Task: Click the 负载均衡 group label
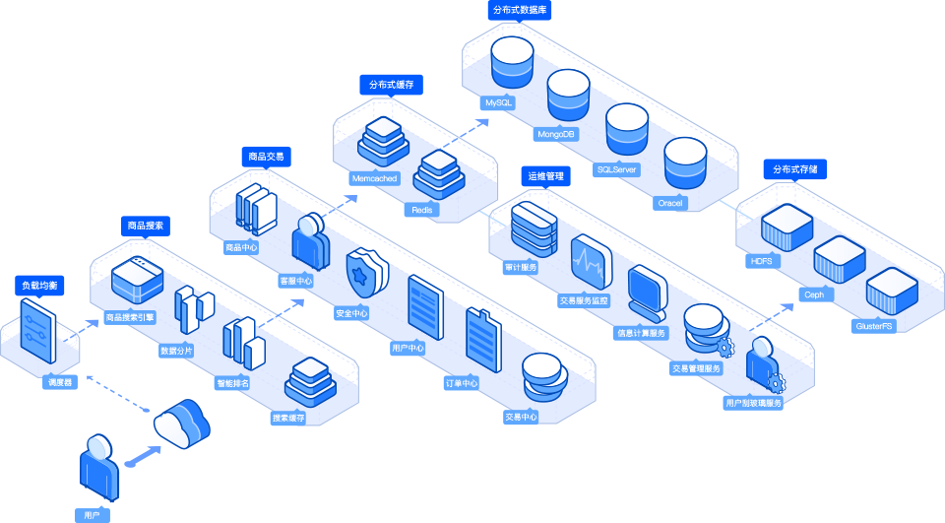(x=39, y=286)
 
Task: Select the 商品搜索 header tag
(x=146, y=227)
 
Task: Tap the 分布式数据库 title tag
(x=519, y=10)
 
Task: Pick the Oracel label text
(x=670, y=203)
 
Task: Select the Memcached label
(x=373, y=179)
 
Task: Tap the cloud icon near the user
(x=181, y=424)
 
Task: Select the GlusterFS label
(x=874, y=325)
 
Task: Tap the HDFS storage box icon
(x=787, y=228)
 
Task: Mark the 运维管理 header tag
(x=545, y=176)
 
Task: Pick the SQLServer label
(x=617, y=169)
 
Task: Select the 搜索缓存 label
(x=288, y=418)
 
